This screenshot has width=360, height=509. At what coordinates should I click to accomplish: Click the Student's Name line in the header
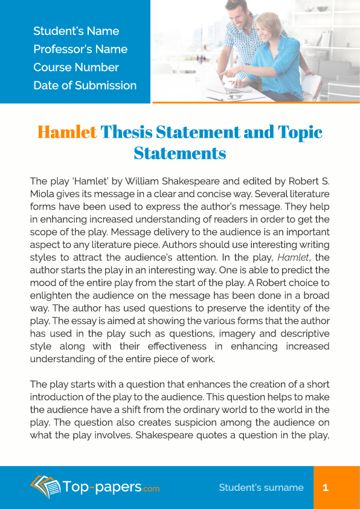(76, 31)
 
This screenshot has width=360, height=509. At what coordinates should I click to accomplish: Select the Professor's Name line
(80, 49)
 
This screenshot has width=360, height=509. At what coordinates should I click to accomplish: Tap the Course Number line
(76, 67)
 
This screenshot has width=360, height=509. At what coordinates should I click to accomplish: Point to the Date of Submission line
(85, 85)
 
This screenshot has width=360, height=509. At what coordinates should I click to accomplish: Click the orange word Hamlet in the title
(67, 132)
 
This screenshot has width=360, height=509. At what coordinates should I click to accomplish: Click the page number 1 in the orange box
(326, 487)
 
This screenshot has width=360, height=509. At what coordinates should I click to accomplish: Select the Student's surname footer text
(261, 487)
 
